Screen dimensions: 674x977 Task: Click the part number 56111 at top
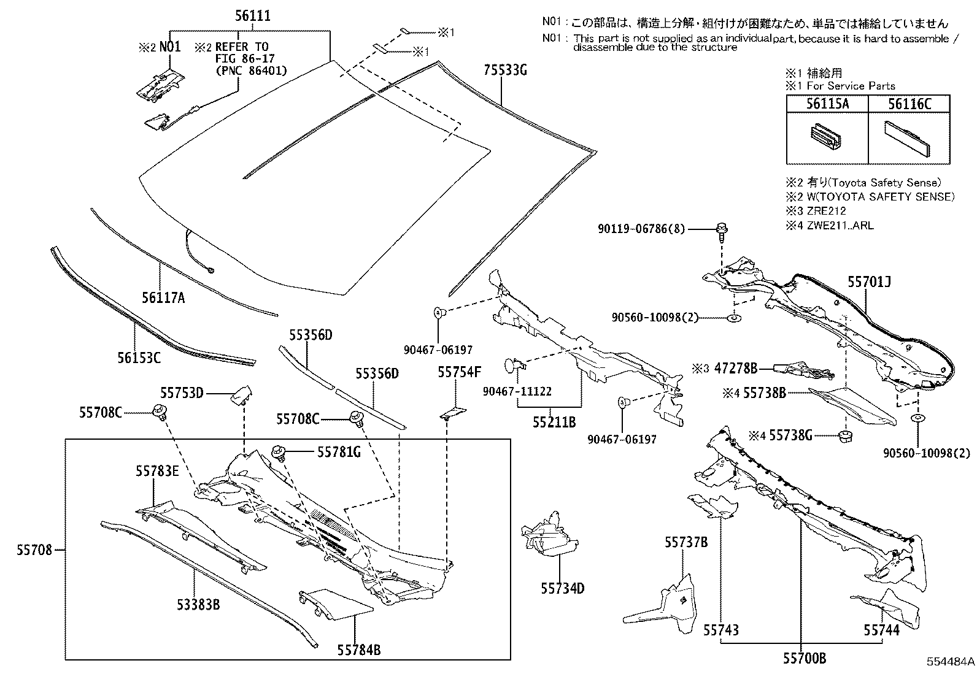click(252, 17)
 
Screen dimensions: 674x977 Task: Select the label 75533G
click(504, 71)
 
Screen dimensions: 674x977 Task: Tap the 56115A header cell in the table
click(827, 104)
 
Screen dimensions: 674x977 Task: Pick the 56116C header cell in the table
click(909, 104)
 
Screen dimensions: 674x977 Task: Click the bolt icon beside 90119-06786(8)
click(722, 232)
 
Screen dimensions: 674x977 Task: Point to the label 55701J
click(869, 282)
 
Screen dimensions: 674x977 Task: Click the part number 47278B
click(737, 369)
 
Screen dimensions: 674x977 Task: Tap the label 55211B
click(554, 422)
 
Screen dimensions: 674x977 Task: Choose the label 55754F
click(459, 372)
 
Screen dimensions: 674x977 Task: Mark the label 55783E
click(157, 471)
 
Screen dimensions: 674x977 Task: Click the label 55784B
click(358, 649)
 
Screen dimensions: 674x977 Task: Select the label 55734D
click(562, 589)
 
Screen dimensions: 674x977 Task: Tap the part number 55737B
click(686, 542)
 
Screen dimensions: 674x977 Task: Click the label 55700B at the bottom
click(804, 659)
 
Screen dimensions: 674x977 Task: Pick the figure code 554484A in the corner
click(950, 662)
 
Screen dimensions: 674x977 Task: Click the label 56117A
click(163, 298)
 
